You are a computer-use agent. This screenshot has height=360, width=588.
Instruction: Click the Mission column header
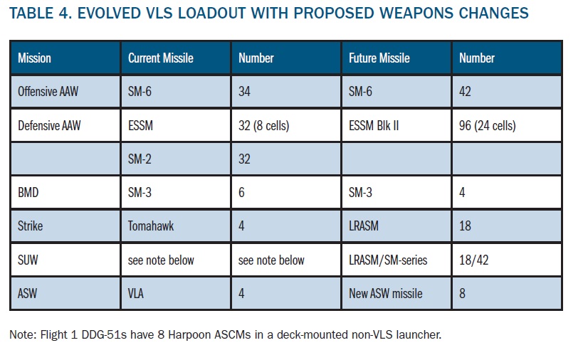pos(34,58)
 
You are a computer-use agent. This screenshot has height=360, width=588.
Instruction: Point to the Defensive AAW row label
pos(49,126)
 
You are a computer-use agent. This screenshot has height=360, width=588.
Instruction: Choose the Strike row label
pos(31,226)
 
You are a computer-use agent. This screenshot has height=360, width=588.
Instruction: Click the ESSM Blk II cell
pos(379,126)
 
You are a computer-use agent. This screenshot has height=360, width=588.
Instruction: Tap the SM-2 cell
pos(141,159)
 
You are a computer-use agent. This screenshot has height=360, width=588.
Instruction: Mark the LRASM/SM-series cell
pos(388,260)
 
